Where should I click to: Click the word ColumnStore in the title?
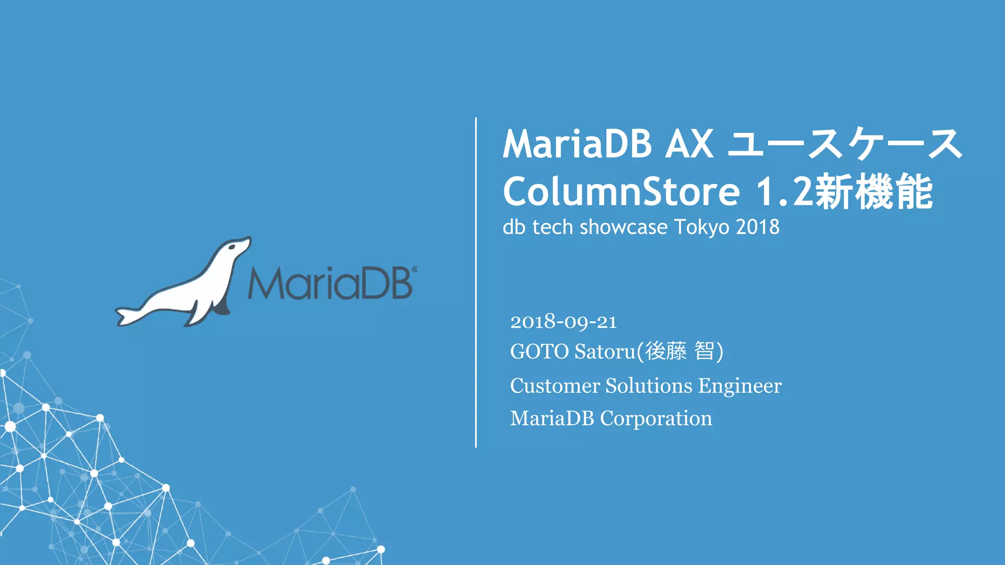coord(621,192)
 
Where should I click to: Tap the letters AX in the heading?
coord(688,144)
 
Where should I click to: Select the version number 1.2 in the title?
coord(784,192)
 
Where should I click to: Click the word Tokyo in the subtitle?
coord(702,228)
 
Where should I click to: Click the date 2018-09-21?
coord(563,322)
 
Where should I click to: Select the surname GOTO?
coord(539,352)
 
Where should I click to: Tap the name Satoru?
coord(605,352)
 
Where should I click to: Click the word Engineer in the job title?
coord(740,386)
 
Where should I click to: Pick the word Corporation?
coord(656,418)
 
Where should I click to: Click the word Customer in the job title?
coord(555,386)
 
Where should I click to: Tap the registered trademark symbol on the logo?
coord(415,269)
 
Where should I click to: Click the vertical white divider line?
coord(476,282)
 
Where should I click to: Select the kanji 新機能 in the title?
coord(873,192)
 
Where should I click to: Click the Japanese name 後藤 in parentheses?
coord(666,352)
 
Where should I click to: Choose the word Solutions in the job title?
coord(649,386)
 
